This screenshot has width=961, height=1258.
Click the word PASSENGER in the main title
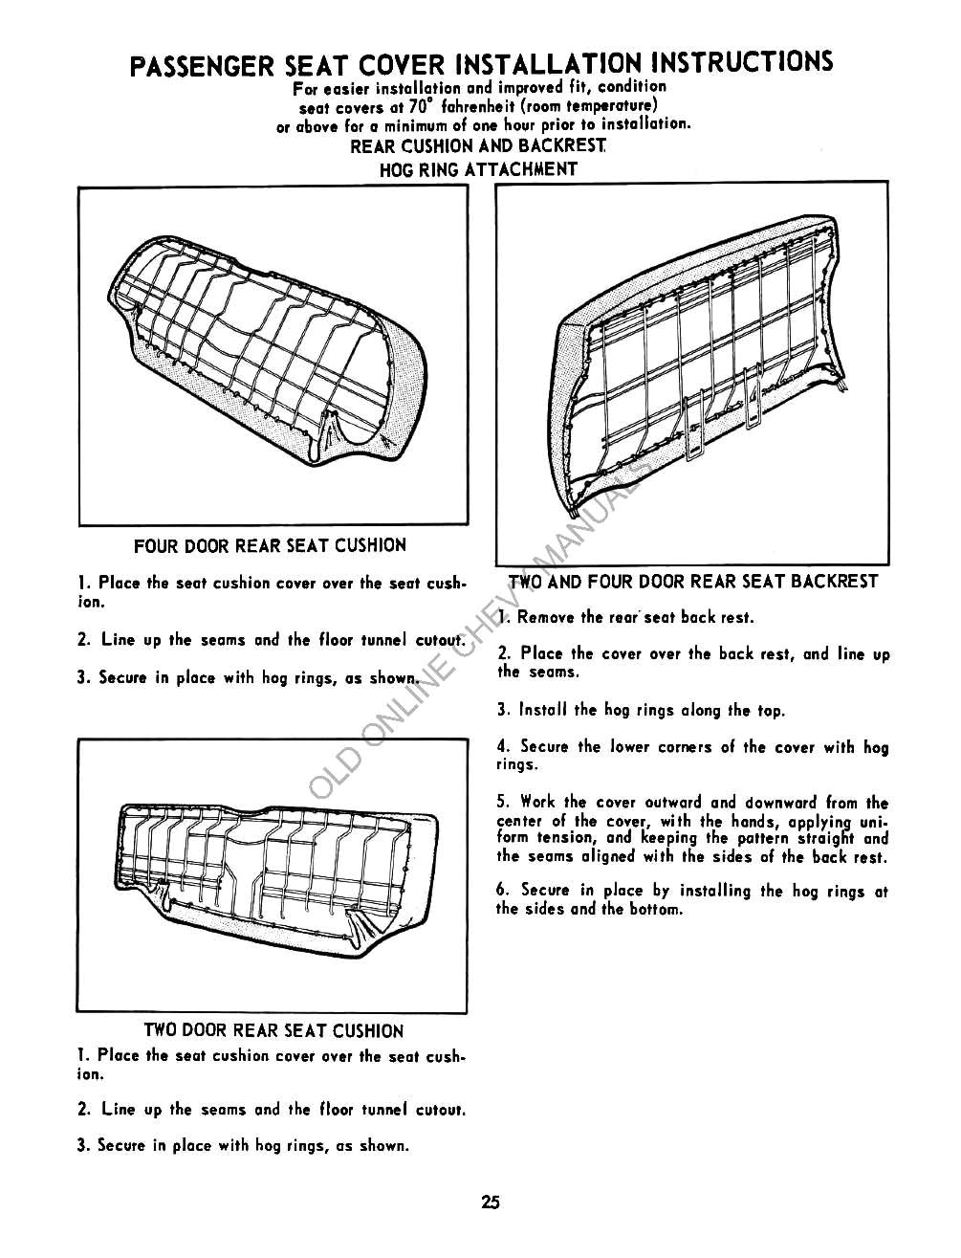tap(202, 66)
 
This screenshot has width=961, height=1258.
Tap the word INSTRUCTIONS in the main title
tap(742, 62)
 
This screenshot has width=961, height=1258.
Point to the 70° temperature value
tap(415, 106)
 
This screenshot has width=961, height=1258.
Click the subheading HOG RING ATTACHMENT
tap(478, 169)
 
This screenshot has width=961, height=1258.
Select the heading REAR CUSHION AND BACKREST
tap(478, 146)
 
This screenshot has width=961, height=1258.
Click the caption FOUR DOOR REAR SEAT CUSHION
tap(271, 545)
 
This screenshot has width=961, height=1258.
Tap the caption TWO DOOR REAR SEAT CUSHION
tap(273, 1031)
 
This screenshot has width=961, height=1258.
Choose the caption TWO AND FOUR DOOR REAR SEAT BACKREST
tap(693, 582)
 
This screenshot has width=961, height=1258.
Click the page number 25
tap(491, 1203)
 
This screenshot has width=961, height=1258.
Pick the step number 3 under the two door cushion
tap(82, 1145)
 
